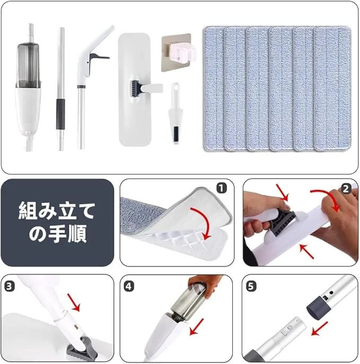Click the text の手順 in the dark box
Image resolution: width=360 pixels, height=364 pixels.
tap(57, 234)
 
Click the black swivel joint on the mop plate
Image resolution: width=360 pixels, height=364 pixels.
tap(134, 86)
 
